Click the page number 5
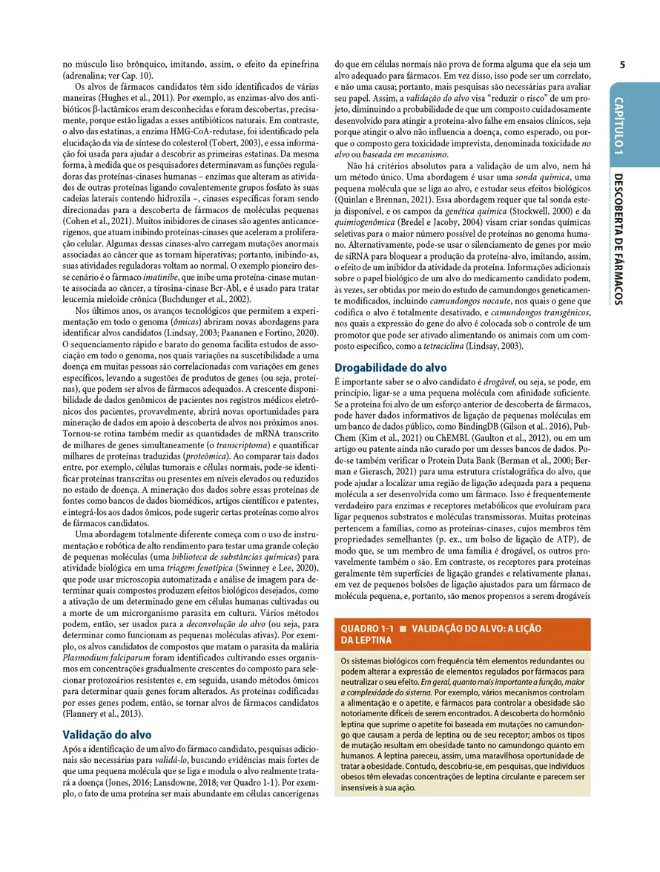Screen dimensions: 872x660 622,65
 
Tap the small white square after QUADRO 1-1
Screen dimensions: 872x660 403,628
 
